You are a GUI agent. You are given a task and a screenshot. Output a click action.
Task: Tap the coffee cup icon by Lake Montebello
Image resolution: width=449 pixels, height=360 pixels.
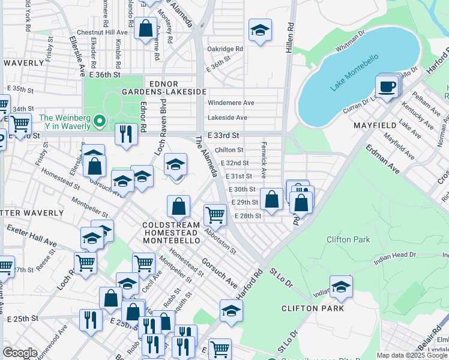[388, 86]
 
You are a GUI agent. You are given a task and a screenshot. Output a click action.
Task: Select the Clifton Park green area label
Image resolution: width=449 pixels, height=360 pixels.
[348, 239]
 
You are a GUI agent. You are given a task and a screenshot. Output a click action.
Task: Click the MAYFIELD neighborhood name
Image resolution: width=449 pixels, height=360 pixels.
[375, 125]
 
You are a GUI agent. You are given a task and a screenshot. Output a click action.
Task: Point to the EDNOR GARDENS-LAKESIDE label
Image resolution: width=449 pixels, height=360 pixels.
[164, 86]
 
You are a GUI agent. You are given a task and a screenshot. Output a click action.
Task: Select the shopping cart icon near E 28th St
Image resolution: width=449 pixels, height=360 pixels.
[215, 214]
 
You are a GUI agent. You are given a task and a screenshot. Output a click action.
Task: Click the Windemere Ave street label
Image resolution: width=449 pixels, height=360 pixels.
[231, 103]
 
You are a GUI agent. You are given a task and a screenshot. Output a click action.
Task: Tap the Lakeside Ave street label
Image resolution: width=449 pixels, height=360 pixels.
[228, 118]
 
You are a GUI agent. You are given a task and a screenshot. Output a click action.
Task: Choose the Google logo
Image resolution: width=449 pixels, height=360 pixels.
[19, 353]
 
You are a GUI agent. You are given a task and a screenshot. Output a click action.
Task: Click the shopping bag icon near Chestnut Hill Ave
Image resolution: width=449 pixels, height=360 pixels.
[145, 28]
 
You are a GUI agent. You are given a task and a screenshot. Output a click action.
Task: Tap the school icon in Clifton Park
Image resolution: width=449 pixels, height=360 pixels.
[341, 286]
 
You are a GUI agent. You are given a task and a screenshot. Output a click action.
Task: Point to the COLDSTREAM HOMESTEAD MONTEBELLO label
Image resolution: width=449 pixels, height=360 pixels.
[171, 232]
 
